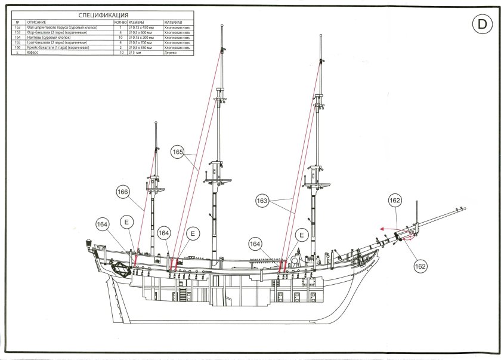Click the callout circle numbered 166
click(x=122, y=192)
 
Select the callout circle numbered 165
click(x=178, y=153)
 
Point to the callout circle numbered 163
click(x=262, y=202)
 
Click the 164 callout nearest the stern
click(x=103, y=224)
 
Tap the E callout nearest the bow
click(x=302, y=234)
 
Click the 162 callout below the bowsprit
click(x=420, y=266)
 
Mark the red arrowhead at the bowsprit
click(x=380, y=228)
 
